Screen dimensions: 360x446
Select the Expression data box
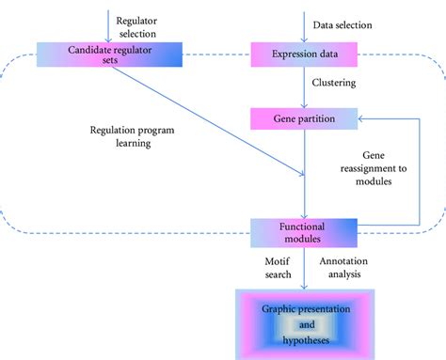click(304, 54)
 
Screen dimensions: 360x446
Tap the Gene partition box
click(304, 118)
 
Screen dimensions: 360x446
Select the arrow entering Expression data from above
click(304, 23)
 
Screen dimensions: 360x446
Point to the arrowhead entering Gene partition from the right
click(365, 118)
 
